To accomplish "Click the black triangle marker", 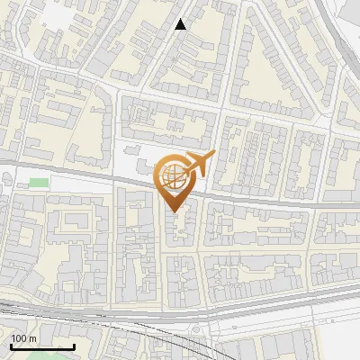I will [181, 24].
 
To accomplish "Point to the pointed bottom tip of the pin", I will [175, 211].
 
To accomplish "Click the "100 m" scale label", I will [23, 337].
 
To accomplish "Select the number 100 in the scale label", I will [19, 337].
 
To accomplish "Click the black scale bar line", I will [42, 347].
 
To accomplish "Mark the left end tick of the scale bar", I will [12, 346].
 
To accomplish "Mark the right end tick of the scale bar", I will [74, 346].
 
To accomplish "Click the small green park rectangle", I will [39, 183].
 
